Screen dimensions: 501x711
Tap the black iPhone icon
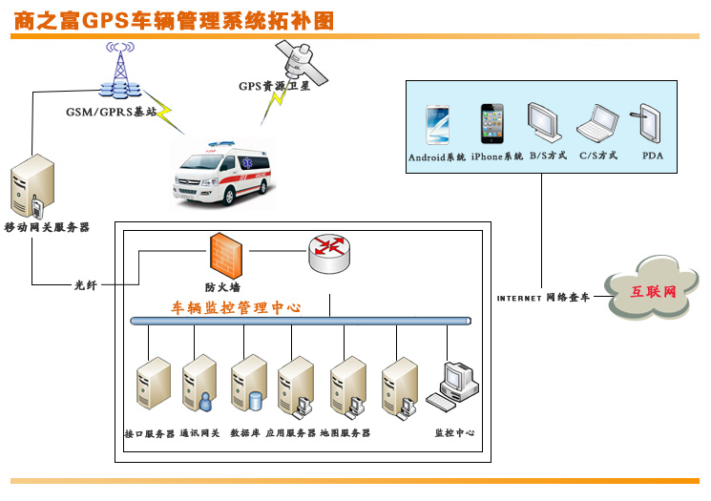point(491,124)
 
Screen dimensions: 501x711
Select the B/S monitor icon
point(544,124)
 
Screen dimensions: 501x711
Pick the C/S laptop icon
point(598,124)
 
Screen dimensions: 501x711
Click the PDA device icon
point(650,124)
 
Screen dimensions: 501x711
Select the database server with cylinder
point(247,386)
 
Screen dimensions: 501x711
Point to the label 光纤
point(86,284)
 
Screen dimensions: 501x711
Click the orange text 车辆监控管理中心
point(236,308)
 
